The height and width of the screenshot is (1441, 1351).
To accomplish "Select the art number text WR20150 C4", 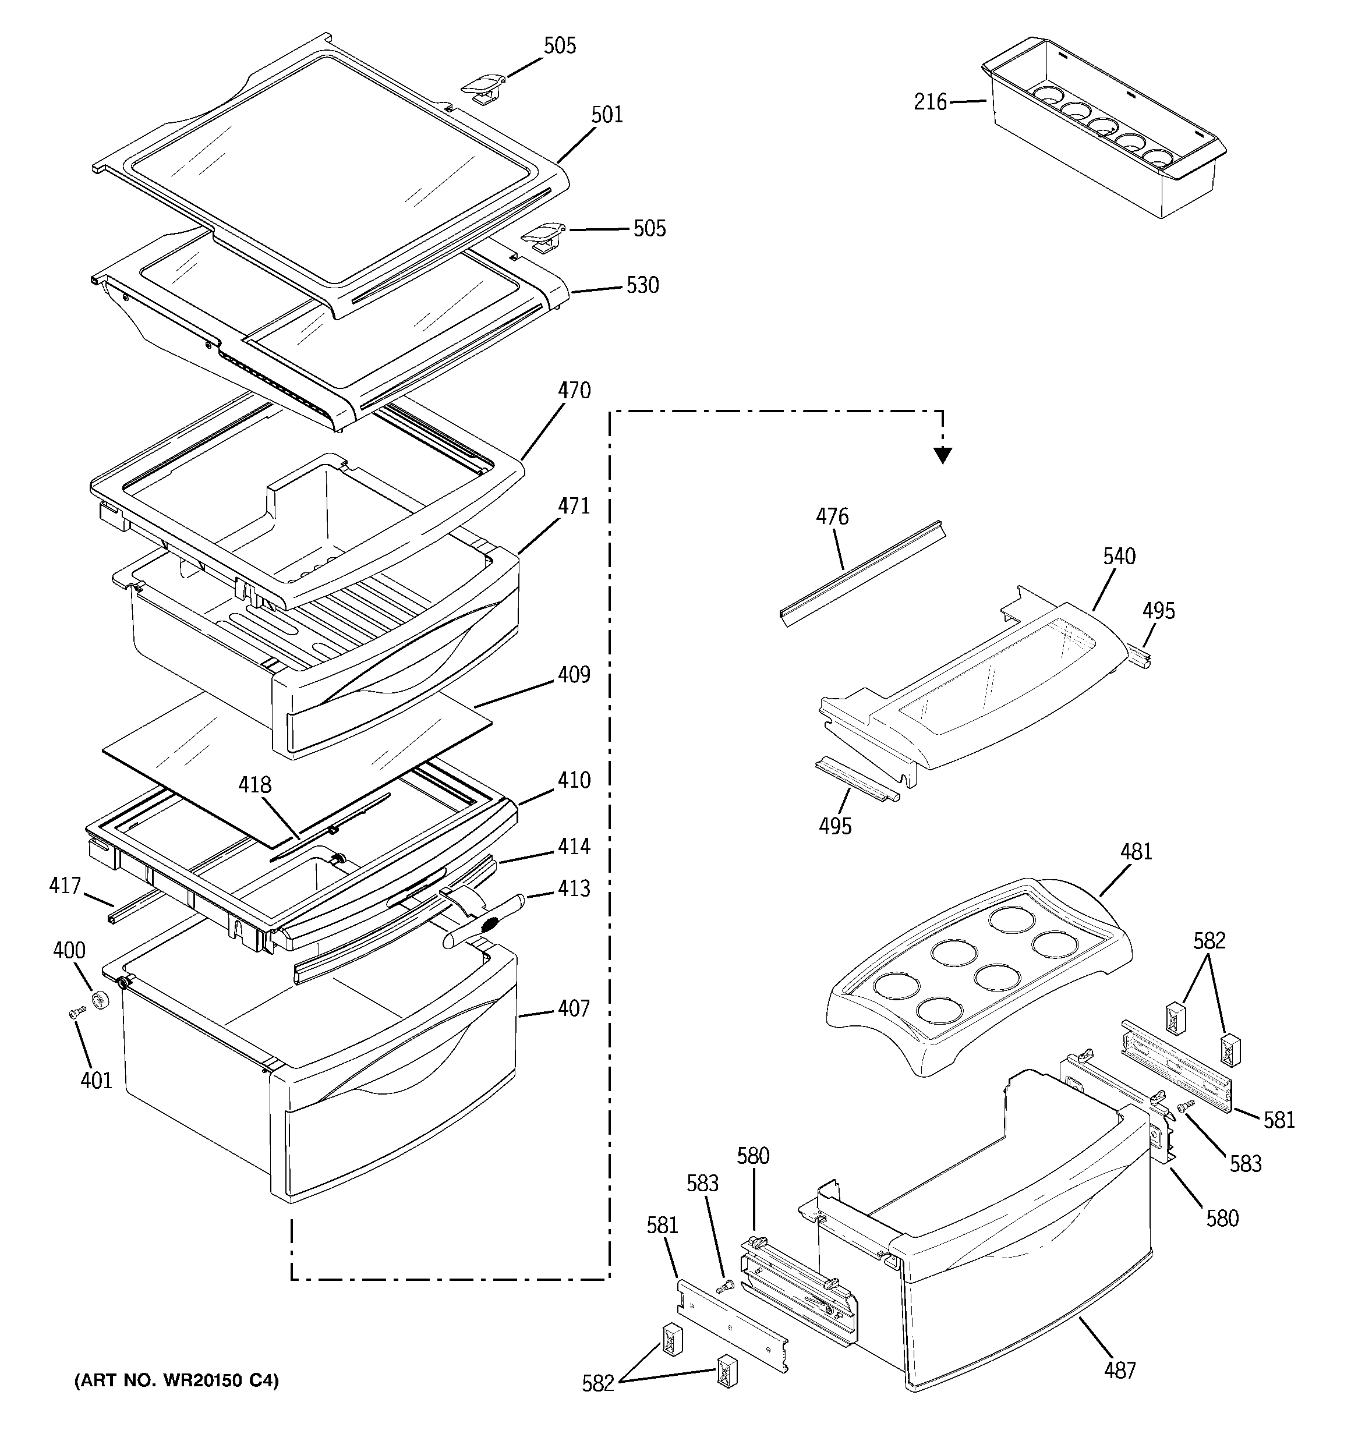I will [x=176, y=1381].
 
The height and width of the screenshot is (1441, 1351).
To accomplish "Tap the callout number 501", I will [x=606, y=115].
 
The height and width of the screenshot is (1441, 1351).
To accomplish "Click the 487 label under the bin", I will [x=1120, y=1370].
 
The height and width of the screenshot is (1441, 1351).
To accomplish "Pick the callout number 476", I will [x=832, y=517].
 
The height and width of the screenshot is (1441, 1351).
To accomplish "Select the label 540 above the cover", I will [x=1119, y=557].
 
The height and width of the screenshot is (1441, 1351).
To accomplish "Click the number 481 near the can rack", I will [x=1136, y=852].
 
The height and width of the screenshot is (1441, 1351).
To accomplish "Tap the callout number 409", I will [x=574, y=674].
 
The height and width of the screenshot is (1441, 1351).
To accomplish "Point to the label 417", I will [x=65, y=885].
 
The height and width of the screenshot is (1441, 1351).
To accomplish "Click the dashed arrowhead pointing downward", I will [x=942, y=455].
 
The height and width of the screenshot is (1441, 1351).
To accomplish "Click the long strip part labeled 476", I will [x=863, y=573].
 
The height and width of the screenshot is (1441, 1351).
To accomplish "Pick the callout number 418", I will [x=255, y=785].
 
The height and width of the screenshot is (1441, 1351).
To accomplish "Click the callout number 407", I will [x=574, y=1008].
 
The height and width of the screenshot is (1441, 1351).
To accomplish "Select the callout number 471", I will [x=574, y=506].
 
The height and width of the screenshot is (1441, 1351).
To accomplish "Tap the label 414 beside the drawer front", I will [x=574, y=846].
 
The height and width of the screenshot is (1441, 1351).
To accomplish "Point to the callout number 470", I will [x=574, y=391].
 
